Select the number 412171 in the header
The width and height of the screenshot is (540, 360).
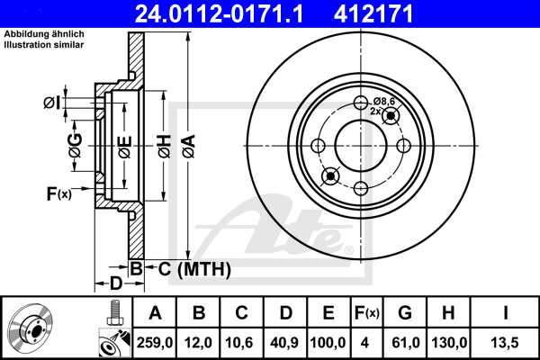[x=407, y=13]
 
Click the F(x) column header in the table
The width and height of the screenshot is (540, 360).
[x=367, y=313]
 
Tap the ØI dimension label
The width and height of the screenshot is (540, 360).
[x=52, y=103]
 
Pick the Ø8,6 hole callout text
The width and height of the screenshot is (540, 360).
[x=385, y=101]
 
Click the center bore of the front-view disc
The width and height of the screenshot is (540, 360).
[x=360, y=145]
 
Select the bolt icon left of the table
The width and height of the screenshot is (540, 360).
[x=113, y=314]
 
